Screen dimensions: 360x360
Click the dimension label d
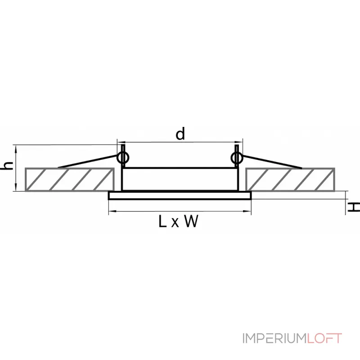pos(180,134)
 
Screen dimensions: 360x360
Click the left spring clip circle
pos(122,157)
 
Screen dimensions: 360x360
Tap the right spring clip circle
pos(236,157)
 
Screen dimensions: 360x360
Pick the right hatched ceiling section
pos(290,179)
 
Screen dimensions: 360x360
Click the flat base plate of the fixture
pos(180,196)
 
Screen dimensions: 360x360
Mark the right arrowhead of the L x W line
pos(248,210)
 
